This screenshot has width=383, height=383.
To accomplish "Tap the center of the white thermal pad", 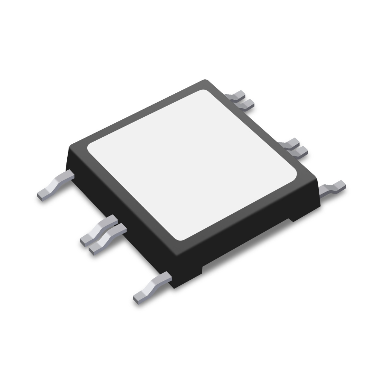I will (x=191, y=165).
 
